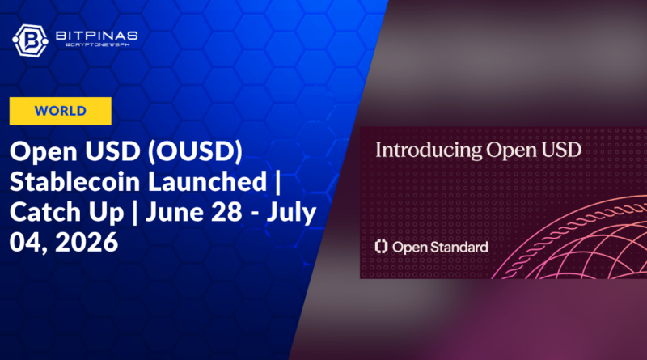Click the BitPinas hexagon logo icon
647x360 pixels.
coord(30,40)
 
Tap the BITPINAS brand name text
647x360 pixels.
coord(96,36)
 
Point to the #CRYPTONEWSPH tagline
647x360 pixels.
coord(97,44)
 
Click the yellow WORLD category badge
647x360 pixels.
coord(60,111)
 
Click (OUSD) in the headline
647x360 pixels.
coord(195,151)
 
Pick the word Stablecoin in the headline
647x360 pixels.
coord(75,182)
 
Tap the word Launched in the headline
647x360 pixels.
coord(208,182)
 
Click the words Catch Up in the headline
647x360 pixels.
coord(67,213)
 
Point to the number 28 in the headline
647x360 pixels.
coord(231,212)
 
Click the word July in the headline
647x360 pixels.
coord(291,213)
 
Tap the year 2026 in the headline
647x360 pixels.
coord(87,242)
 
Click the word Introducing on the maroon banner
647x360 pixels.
coord(429,150)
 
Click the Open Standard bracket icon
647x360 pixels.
coord(381,247)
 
